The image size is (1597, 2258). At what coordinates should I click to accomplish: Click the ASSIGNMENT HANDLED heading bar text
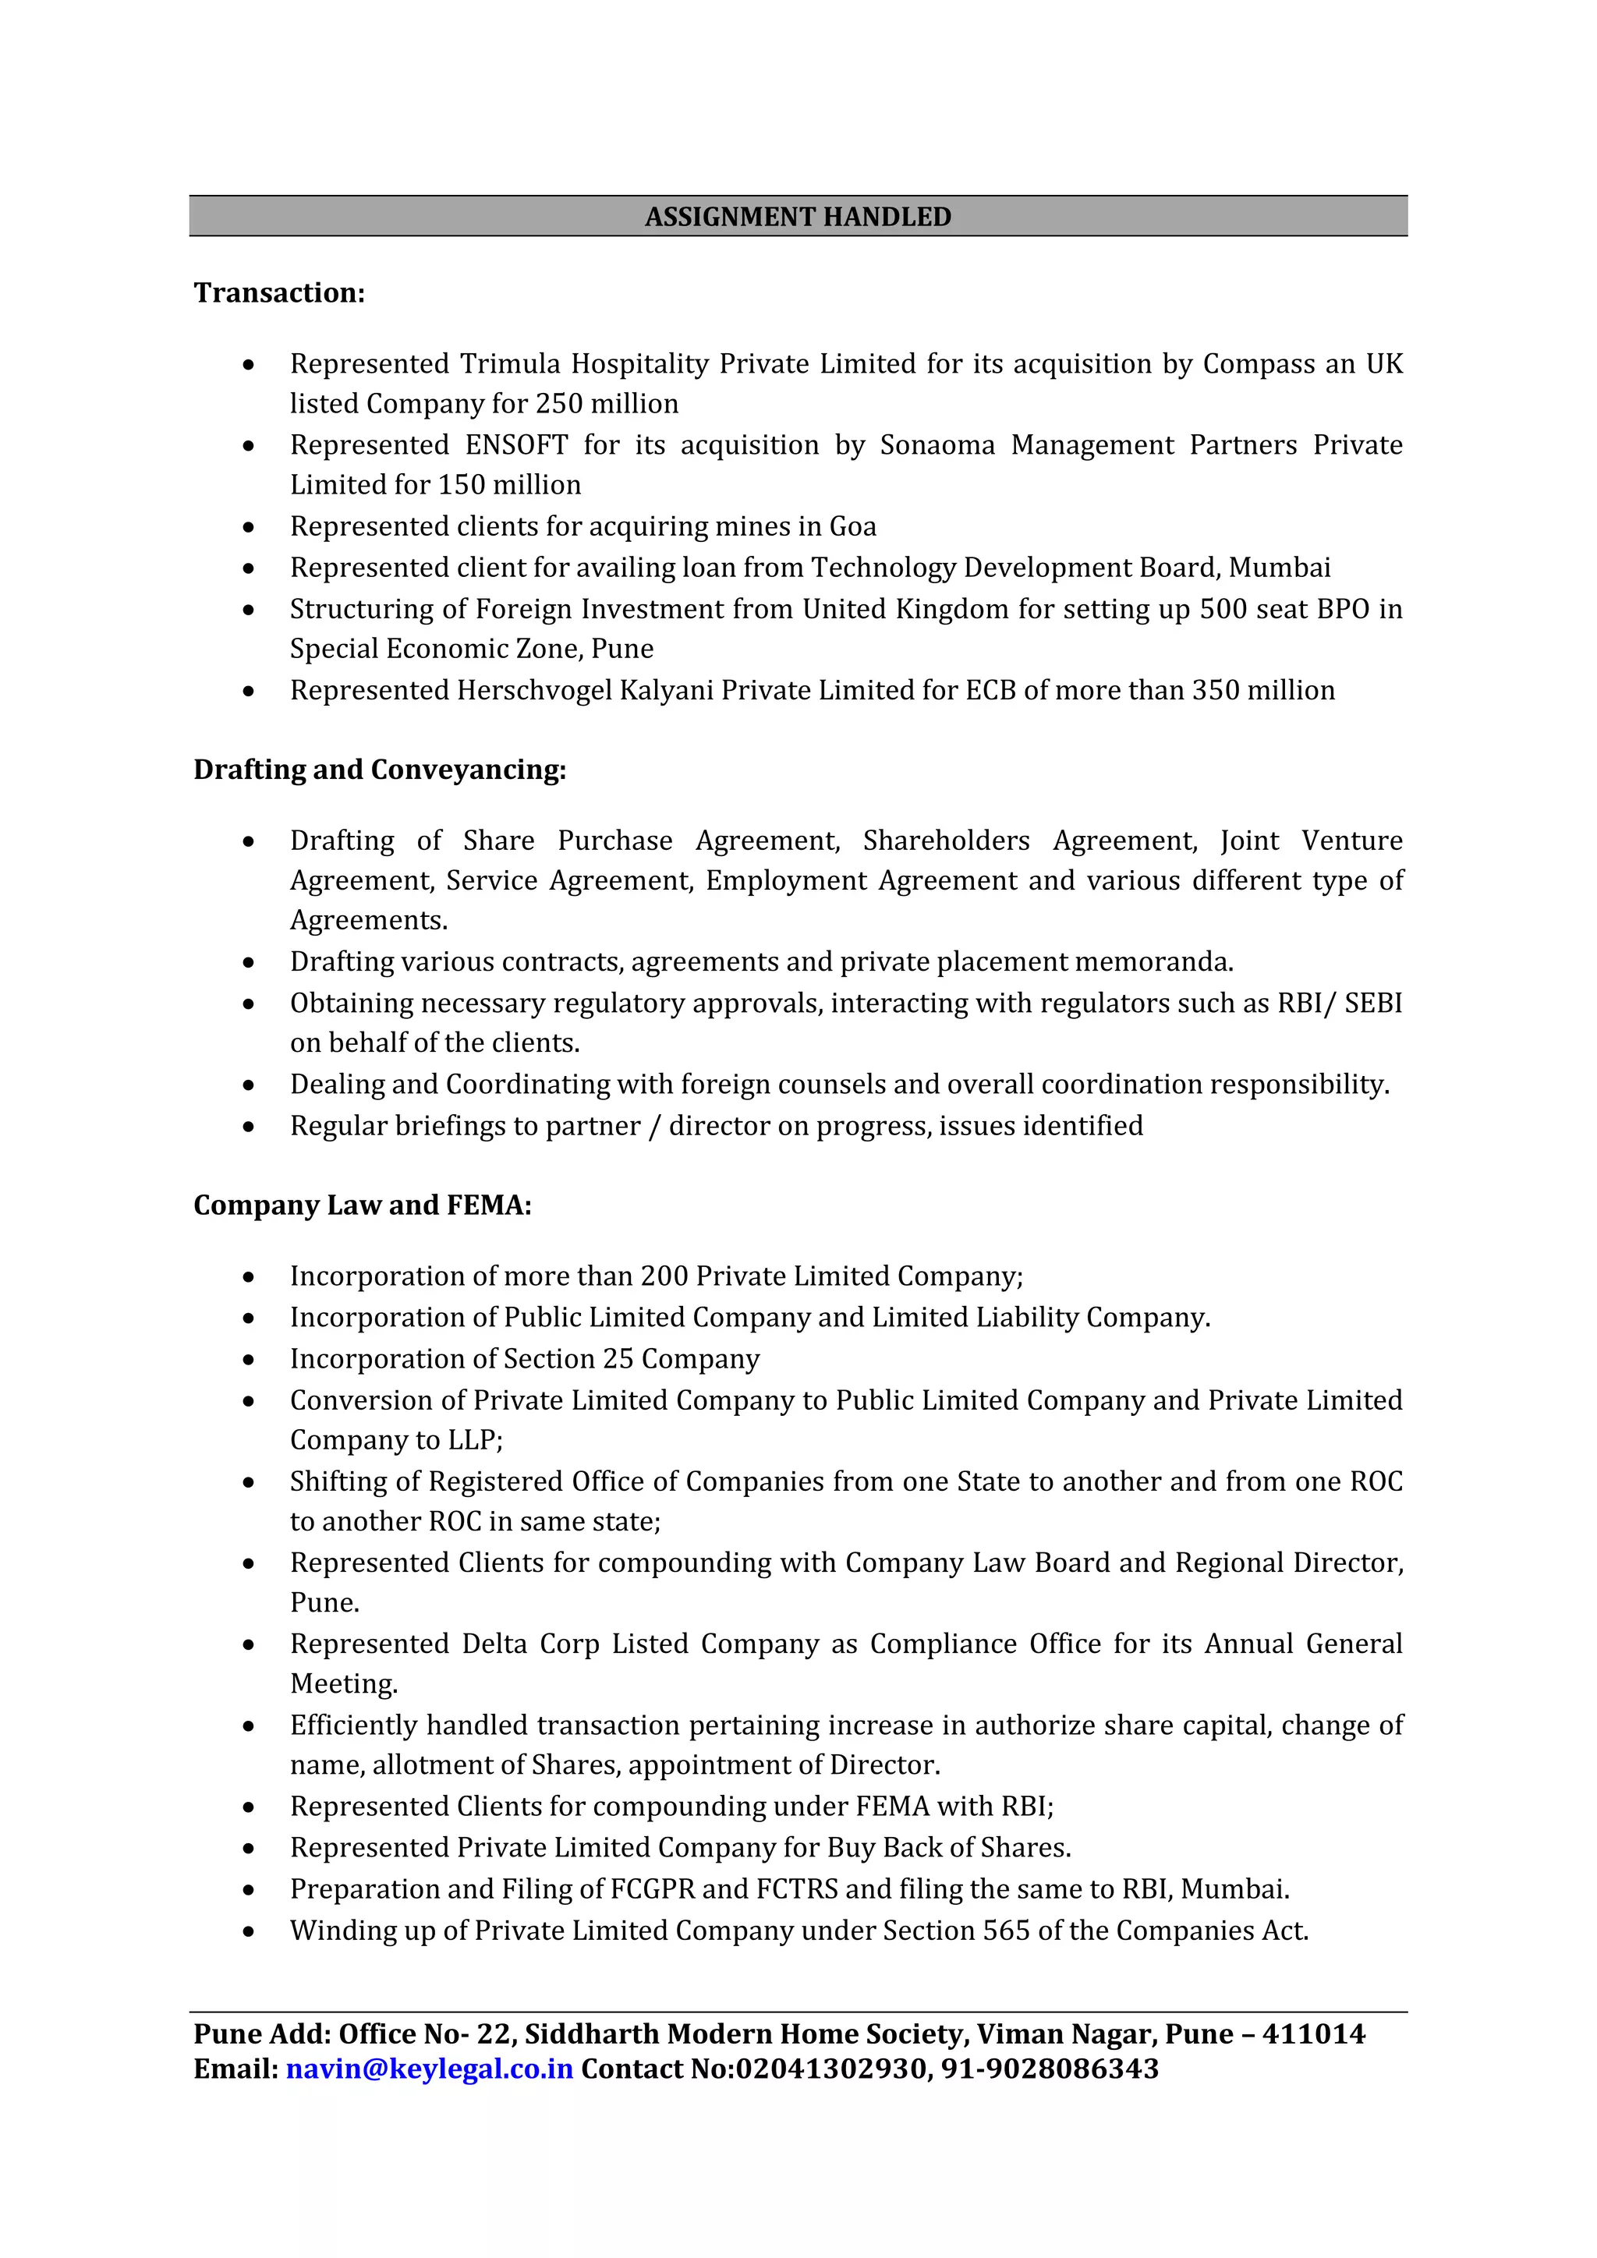click(798, 216)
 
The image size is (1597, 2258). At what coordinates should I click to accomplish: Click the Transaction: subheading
click(279, 293)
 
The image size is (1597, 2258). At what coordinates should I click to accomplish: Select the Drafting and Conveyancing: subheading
click(380, 769)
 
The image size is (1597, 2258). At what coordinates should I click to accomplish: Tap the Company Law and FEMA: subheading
click(362, 1205)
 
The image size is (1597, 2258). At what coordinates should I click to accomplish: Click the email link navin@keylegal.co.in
click(430, 2069)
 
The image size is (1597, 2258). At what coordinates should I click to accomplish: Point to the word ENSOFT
click(516, 444)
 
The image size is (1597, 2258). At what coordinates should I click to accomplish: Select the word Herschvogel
click(534, 690)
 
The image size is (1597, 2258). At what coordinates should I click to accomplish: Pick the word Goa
click(852, 526)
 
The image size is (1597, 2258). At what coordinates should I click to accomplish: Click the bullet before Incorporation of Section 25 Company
click(249, 1360)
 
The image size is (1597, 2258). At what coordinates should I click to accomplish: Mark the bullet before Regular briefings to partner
click(249, 1127)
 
